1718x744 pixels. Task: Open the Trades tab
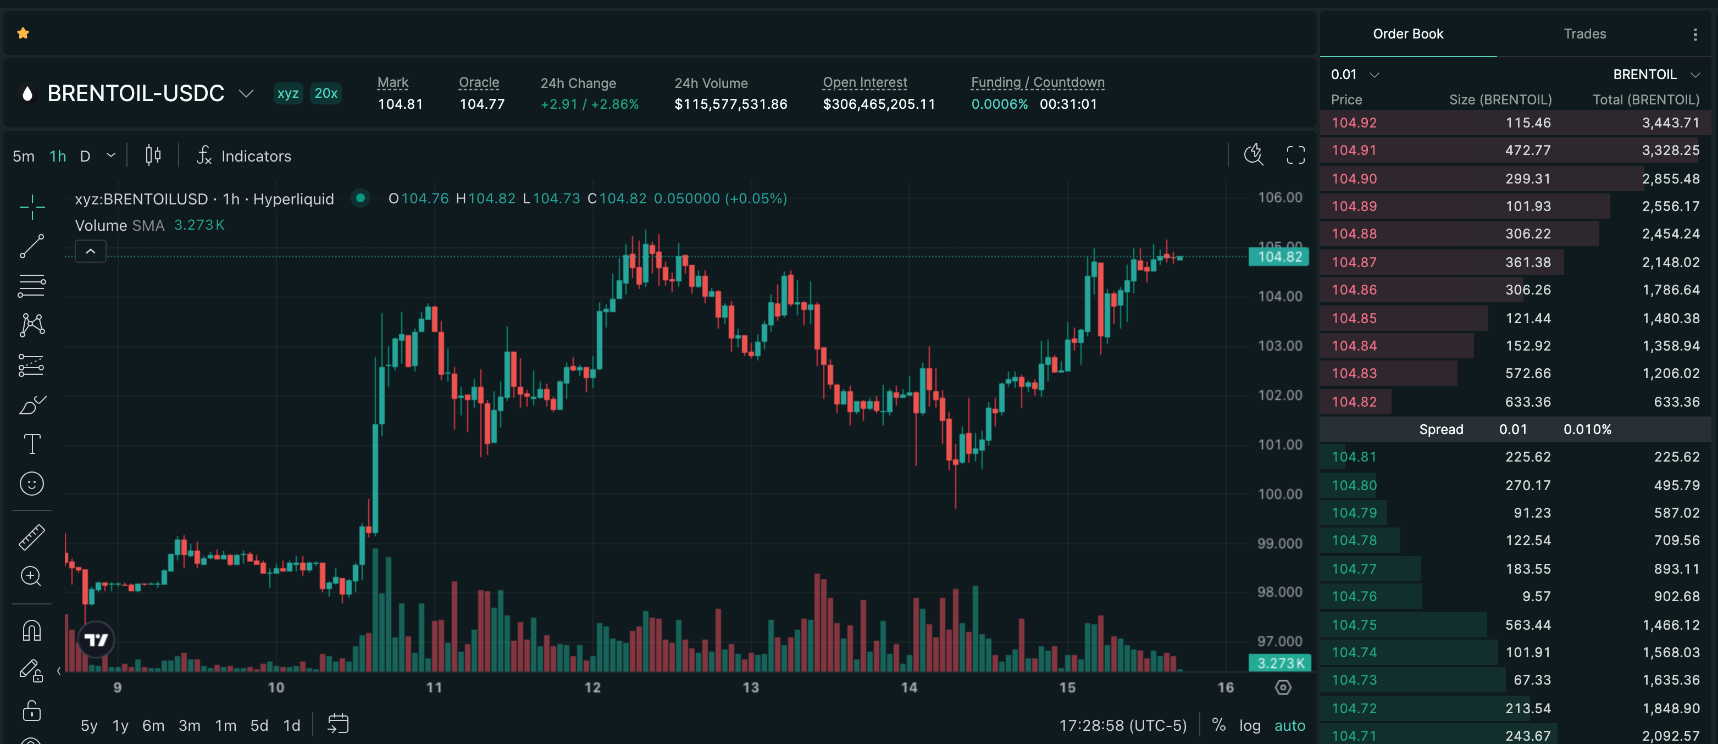pyautogui.click(x=1584, y=34)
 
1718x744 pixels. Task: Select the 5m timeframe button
pyautogui.click(x=23, y=156)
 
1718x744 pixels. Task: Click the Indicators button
pyautogui.click(x=244, y=156)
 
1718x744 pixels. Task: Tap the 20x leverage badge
pyautogui.click(x=326, y=93)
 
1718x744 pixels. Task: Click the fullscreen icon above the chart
pyautogui.click(x=1295, y=156)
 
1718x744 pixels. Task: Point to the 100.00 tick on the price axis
pyautogui.click(x=1280, y=494)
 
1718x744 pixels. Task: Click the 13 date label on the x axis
pyautogui.click(x=751, y=687)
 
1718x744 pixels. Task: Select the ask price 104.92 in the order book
pyautogui.click(x=1354, y=123)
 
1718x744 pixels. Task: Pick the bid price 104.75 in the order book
pyautogui.click(x=1354, y=625)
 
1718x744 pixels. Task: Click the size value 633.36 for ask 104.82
pyautogui.click(x=1528, y=401)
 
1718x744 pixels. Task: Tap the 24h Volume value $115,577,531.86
pyautogui.click(x=731, y=104)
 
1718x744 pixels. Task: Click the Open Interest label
pyautogui.click(x=865, y=82)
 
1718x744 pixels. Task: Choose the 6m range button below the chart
pyautogui.click(x=153, y=725)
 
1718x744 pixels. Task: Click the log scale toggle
pyautogui.click(x=1250, y=725)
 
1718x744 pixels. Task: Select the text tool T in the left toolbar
pyautogui.click(x=32, y=444)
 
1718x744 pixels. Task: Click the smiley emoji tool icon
pyautogui.click(x=32, y=484)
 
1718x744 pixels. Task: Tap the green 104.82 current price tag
pyautogui.click(x=1279, y=257)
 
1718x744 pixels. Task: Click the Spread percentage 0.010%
pyautogui.click(x=1587, y=429)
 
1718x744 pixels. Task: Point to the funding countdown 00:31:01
pyautogui.click(x=1068, y=104)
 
